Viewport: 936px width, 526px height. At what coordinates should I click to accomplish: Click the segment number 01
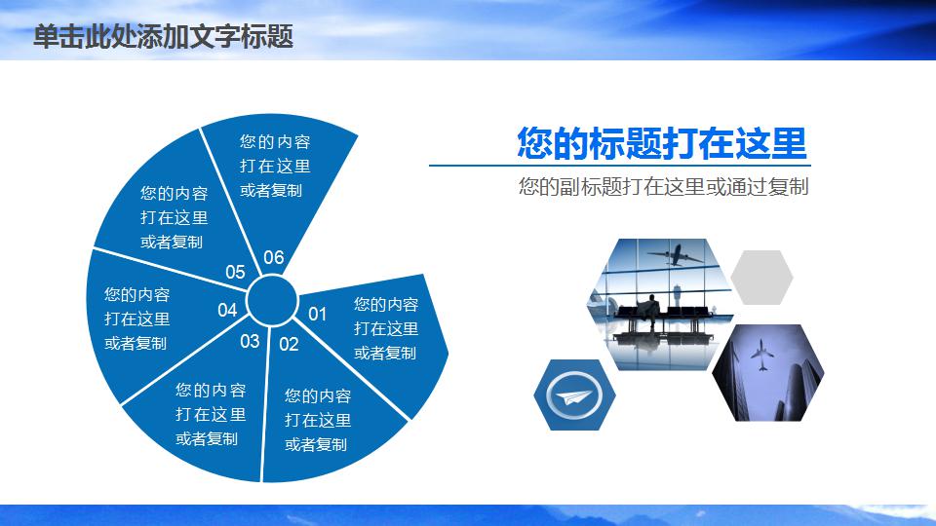coord(317,314)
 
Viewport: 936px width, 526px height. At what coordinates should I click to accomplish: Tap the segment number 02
coord(289,344)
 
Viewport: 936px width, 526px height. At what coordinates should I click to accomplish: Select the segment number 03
coord(250,341)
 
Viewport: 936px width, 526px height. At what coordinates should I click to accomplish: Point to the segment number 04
coord(227,310)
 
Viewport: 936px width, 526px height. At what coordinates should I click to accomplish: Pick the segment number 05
coord(235,272)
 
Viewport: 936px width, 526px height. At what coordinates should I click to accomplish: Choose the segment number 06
coord(273,257)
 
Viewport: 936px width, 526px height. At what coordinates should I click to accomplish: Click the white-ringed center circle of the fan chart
coord(272,301)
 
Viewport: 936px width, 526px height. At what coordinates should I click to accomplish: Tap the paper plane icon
coord(573,395)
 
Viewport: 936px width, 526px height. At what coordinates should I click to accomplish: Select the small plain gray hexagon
coord(761,278)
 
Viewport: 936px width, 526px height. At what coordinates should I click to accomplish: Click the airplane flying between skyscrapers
coord(761,355)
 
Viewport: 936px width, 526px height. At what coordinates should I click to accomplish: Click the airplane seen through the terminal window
coord(675,255)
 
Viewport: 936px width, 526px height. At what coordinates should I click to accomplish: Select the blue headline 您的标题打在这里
coord(661,143)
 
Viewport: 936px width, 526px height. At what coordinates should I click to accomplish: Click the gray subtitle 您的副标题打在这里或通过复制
coord(663,187)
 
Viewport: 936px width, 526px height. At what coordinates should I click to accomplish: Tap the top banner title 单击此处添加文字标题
coord(163,36)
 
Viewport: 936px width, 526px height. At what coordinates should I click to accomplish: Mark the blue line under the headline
coord(620,166)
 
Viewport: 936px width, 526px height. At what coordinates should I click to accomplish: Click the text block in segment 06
coord(275,166)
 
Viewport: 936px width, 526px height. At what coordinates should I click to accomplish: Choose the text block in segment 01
coord(386,328)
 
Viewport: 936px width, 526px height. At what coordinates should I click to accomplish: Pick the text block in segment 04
coord(136,319)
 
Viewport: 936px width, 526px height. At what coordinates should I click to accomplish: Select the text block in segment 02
coord(318,420)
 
